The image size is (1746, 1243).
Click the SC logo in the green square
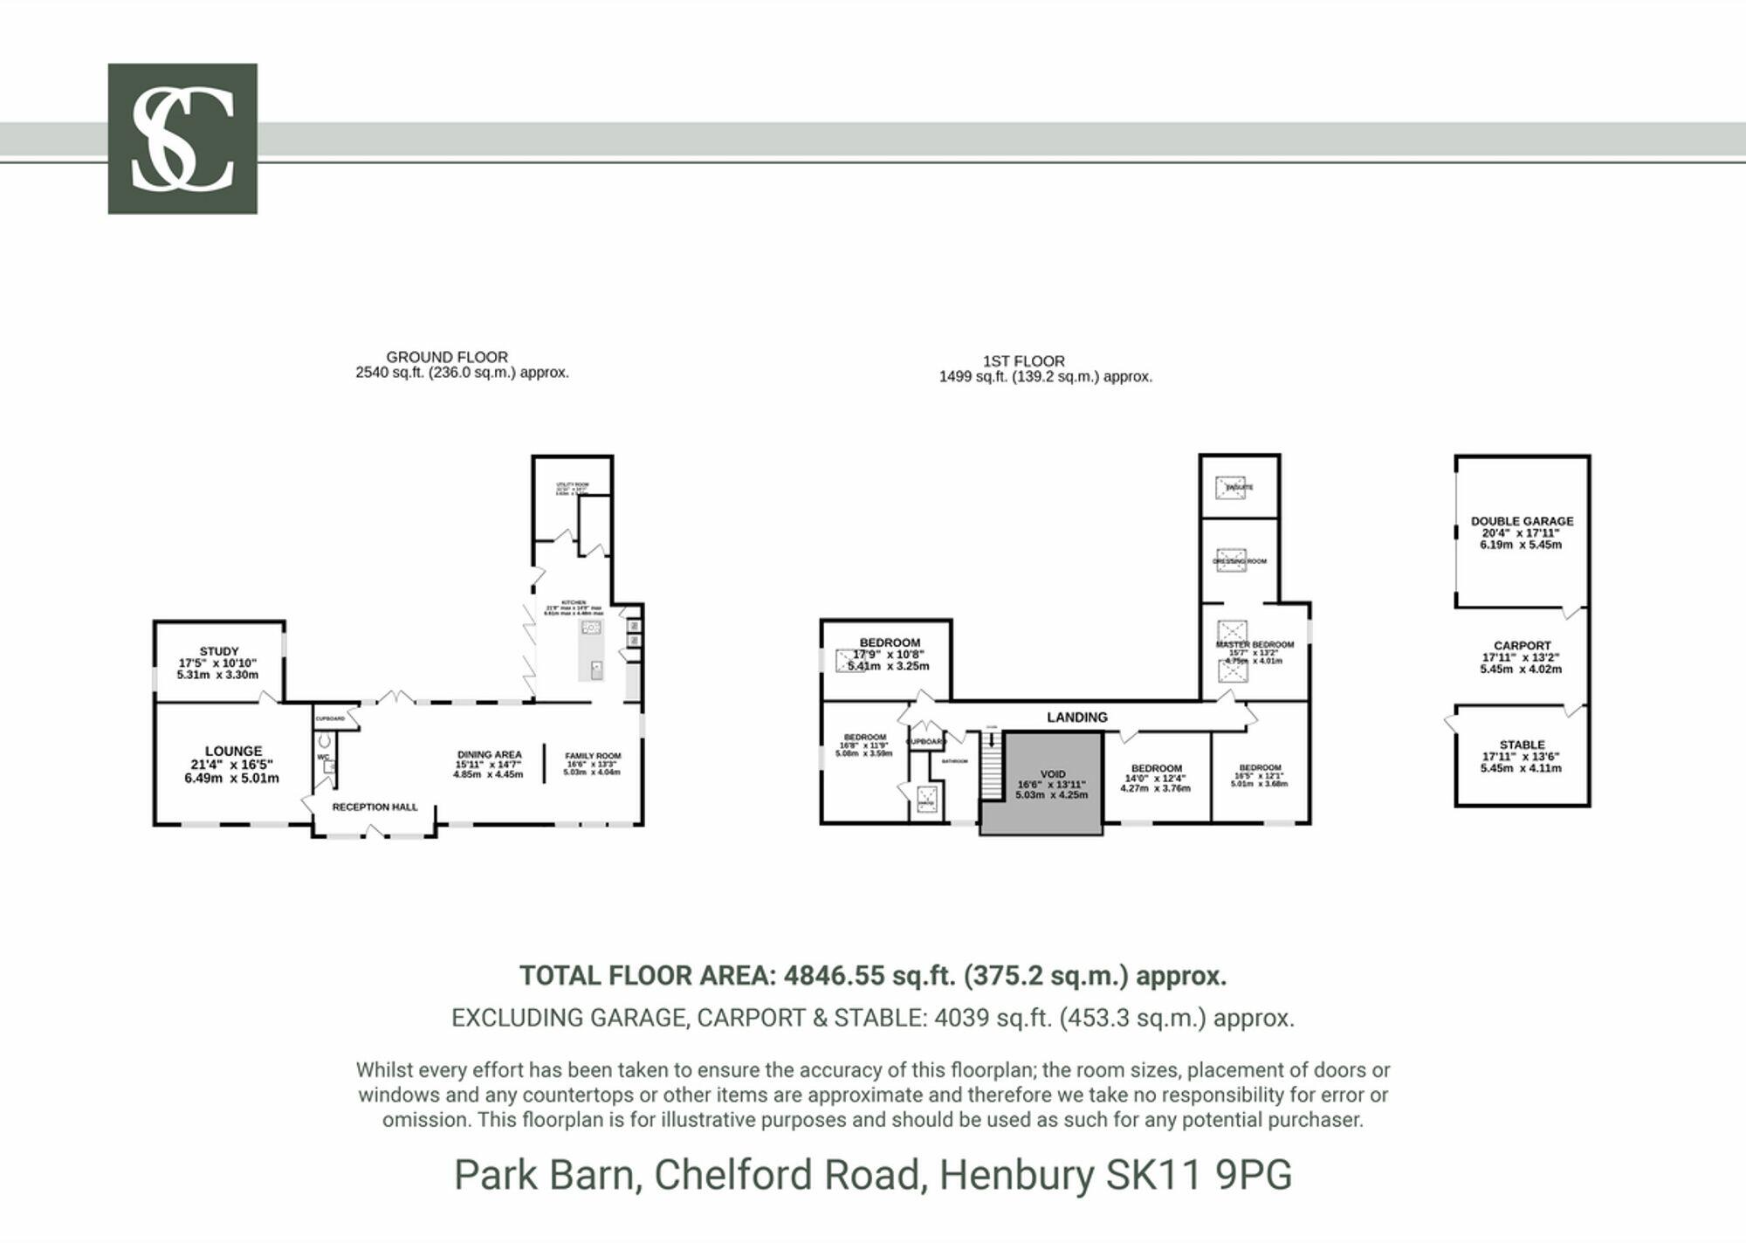click(182, 138)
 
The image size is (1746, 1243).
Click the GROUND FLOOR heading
click(447, 357)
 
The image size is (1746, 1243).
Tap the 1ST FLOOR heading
click(1023, 361)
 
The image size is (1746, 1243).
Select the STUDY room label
click(219, 651)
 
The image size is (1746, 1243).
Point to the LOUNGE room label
click(233, 751)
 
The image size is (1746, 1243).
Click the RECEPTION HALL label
click(375, 807)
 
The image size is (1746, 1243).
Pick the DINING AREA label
click(489, 755)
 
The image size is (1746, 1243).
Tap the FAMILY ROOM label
click(593, 756)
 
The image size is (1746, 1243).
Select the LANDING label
click(1076, 718)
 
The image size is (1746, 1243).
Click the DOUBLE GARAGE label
click(1522, 521)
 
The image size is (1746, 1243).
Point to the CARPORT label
click(1522, 646)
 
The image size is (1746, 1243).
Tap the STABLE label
click(1522, 745)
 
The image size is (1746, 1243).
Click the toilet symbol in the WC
click(325, 741)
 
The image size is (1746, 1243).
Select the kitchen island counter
click(591, 650)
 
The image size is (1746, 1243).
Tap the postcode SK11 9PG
click(1198, 1175)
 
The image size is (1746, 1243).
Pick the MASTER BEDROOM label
click(1255, 645)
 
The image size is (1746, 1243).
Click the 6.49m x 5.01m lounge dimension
click(231, 779)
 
